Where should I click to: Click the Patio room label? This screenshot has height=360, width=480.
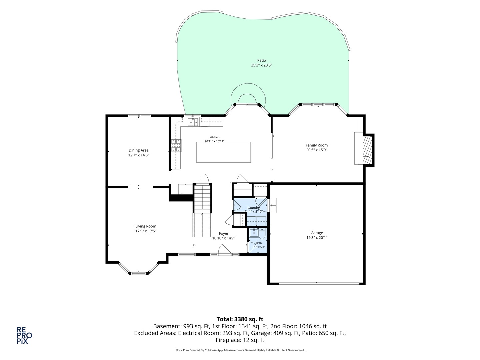point(261,60)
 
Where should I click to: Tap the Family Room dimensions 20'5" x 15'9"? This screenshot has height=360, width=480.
point(316,150)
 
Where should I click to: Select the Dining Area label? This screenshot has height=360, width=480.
point(138,150)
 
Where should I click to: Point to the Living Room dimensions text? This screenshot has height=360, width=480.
point(146,231)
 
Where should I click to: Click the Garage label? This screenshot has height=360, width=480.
point(317,233)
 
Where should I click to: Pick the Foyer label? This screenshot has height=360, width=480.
point(223,233)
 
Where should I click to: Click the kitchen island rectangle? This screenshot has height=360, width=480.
point(223,152)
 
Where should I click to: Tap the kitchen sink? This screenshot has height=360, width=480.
point(193,122)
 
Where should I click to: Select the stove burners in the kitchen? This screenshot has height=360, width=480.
point(176,146)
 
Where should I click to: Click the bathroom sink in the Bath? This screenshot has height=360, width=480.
point(254,233)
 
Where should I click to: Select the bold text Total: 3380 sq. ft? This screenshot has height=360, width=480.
point(240,319)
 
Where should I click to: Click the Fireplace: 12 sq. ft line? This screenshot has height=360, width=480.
point(240,340)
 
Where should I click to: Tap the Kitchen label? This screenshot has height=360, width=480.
point(214,137)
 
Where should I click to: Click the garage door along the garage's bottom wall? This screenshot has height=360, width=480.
point(319,284)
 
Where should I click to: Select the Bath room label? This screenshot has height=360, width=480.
point(259,243)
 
